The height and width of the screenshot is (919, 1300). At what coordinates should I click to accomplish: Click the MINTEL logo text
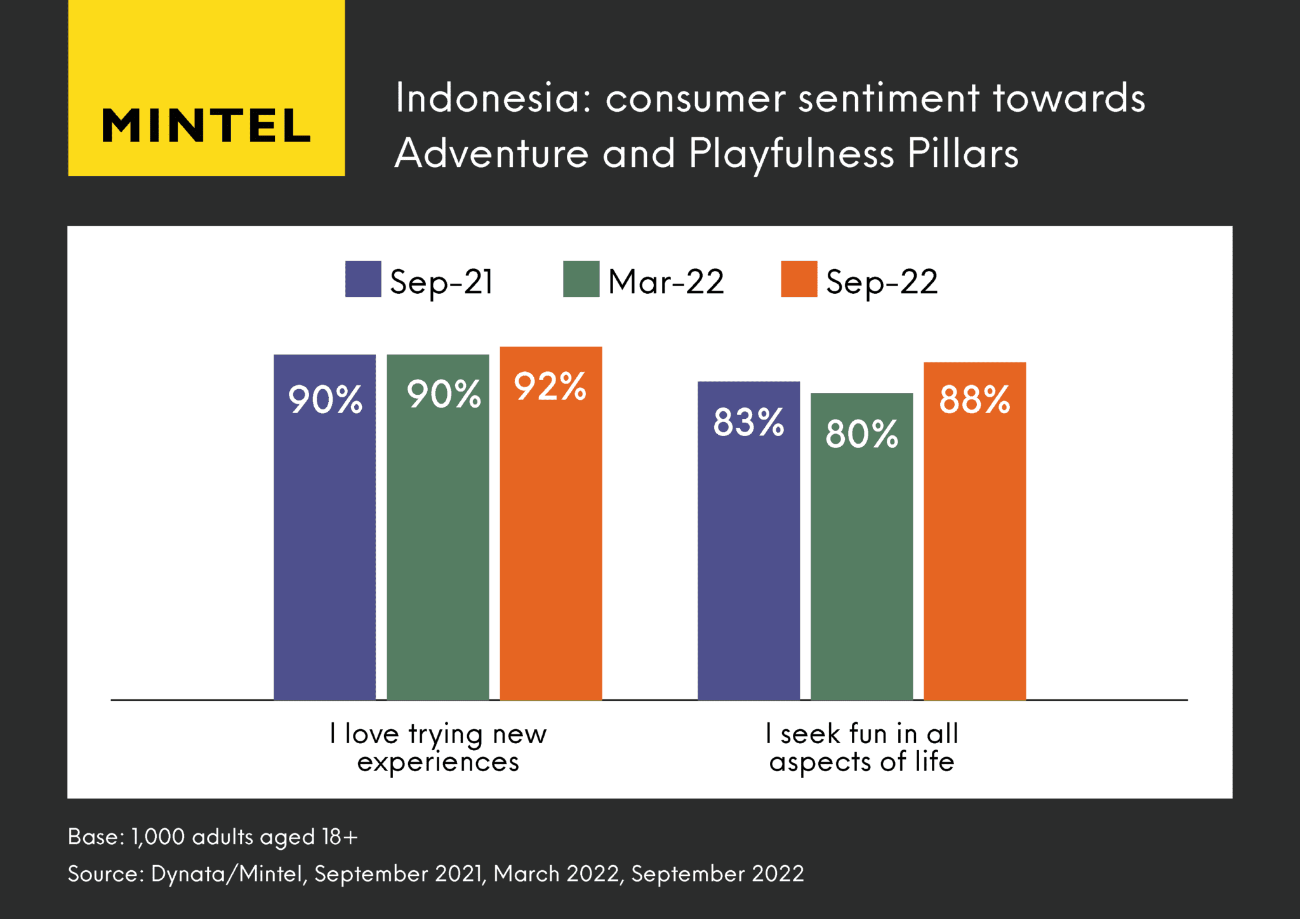pos(206,125)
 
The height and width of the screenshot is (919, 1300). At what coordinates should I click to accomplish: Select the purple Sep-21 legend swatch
pos(363,279)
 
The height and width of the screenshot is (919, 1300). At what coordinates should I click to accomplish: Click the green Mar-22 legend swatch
pos(581,279)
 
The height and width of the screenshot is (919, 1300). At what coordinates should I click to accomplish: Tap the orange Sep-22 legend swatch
pos(799,279)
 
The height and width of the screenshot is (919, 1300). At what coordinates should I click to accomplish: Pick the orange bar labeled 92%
pos(550,539)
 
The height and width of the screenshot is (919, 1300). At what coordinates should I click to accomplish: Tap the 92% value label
pos(550,387)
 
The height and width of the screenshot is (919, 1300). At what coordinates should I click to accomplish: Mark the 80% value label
pos(861,435)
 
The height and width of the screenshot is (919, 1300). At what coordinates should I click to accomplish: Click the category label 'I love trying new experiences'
pos(438,748)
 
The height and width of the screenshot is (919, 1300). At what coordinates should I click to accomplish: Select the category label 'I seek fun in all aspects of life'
pos(861,748)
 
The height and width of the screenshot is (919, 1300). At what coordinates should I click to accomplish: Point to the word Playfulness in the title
pos(791,154)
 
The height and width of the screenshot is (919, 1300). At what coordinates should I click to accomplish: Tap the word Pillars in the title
pos(962,153)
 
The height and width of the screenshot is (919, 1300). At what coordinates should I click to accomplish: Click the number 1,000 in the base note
pos(157,837)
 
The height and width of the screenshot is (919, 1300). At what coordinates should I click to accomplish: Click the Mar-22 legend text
pos(665,281)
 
